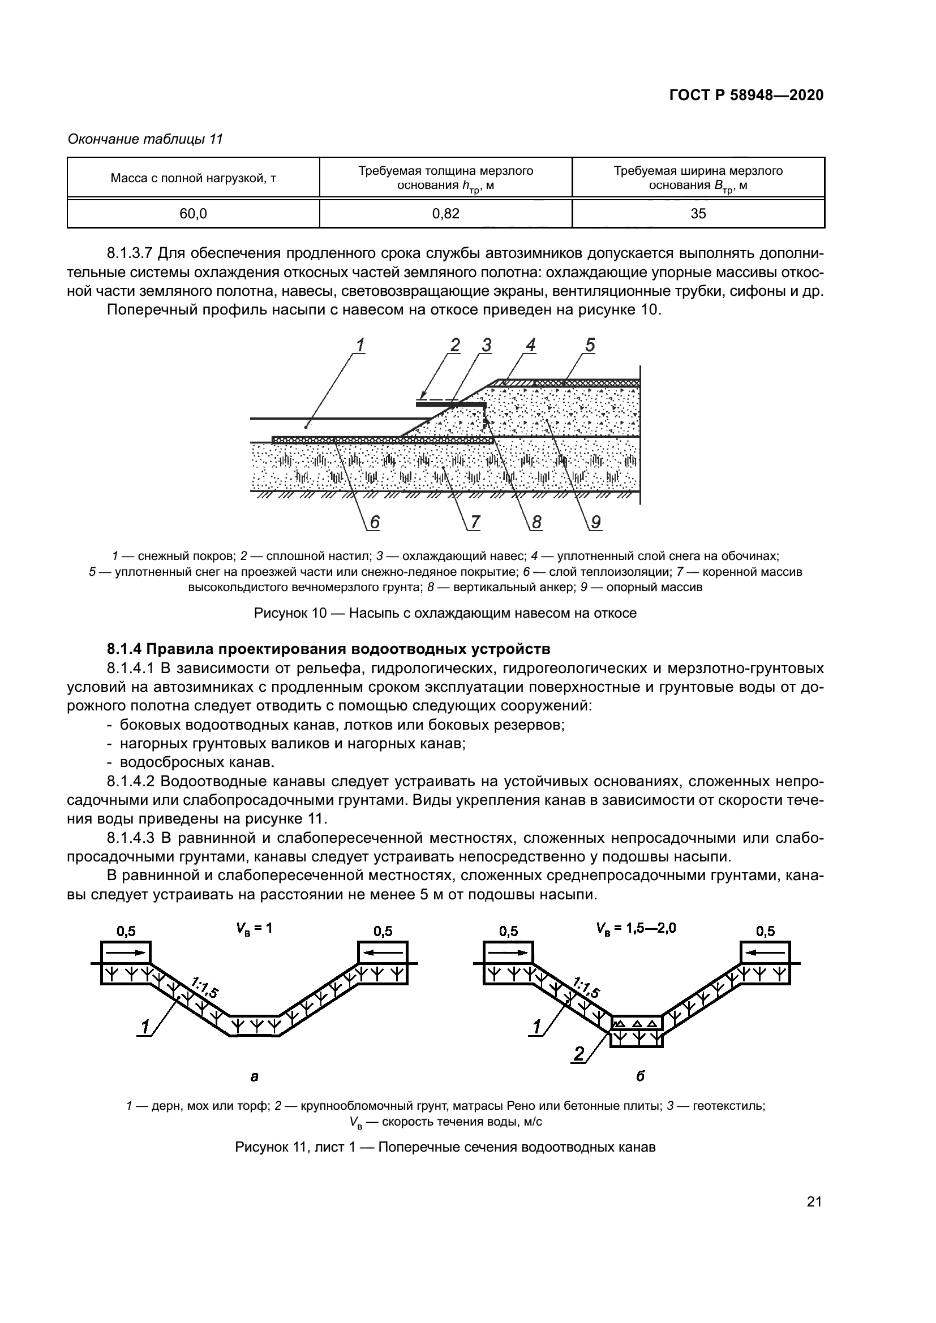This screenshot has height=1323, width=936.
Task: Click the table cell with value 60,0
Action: pyautogui.click(x=193, y=214)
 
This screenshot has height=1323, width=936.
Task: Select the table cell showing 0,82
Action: pyautogui.click(x=445, y=214)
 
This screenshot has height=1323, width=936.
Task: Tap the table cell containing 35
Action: pyautogui.click(x=698, y=214)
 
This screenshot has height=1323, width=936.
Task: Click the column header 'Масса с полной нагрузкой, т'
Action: pyautogui.click(x=193, y=178)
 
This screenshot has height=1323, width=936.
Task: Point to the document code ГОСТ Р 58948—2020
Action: pyautogui.click(x=746, y=95)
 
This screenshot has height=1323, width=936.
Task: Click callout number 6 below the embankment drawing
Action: pyautogui.click(x=375, y=522)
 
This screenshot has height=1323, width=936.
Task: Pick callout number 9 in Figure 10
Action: pyautogui.click(x=595, y=522)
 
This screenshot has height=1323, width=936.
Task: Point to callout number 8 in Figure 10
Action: pyautogui.click(x=536, y=522)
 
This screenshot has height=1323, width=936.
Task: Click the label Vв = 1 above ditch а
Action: pyautogui.click(x=254, y=928)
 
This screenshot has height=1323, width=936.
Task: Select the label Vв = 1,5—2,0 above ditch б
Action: pyautogui.click(x=636, y=928)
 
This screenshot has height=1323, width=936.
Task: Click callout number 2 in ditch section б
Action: pyautogui.click(x=579, y=1054)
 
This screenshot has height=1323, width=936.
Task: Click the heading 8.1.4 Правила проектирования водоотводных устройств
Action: pyautogui.click(x=329, y=649)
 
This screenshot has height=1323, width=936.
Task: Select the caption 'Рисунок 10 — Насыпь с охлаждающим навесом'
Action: pyautogui.click(x=445, y=613)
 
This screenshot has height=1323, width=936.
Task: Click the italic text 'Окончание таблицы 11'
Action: pyautogui.click(x=145, y=139)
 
